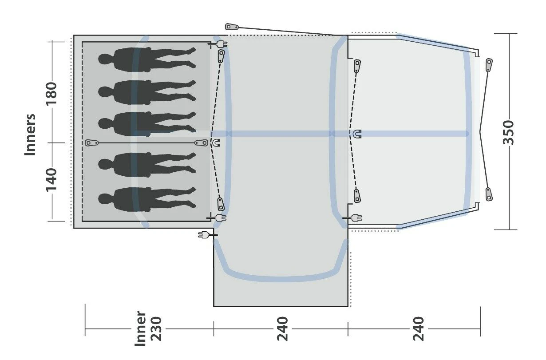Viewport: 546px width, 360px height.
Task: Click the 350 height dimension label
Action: click(x=509, y=132)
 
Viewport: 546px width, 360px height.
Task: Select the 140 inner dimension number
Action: click(x=52, y=179)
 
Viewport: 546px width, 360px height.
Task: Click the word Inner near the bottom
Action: click(x=140, y=328)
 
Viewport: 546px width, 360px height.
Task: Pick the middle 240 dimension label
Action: click(x=282, y=328)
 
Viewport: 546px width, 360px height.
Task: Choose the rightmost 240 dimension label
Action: click(x=418, y=328)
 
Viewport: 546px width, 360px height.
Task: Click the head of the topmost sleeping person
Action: click(x=105, y=59)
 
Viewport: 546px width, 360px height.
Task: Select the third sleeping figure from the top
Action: click(x=146, y=122)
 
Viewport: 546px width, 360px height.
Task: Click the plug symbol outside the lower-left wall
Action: click(x=205, y=234)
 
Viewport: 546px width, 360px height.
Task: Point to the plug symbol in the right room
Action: click(x=354, y=218)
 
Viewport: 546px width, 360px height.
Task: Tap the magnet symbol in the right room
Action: click(x=357, y=134)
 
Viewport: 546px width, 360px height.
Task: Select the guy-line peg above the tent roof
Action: click(x=232, y=27)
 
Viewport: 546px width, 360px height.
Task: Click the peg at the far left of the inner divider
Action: click(x=92, y=143)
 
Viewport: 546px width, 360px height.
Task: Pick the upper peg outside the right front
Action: click(x=489, y=65)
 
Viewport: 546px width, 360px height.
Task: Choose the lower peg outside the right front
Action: click(x=489, y=194)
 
